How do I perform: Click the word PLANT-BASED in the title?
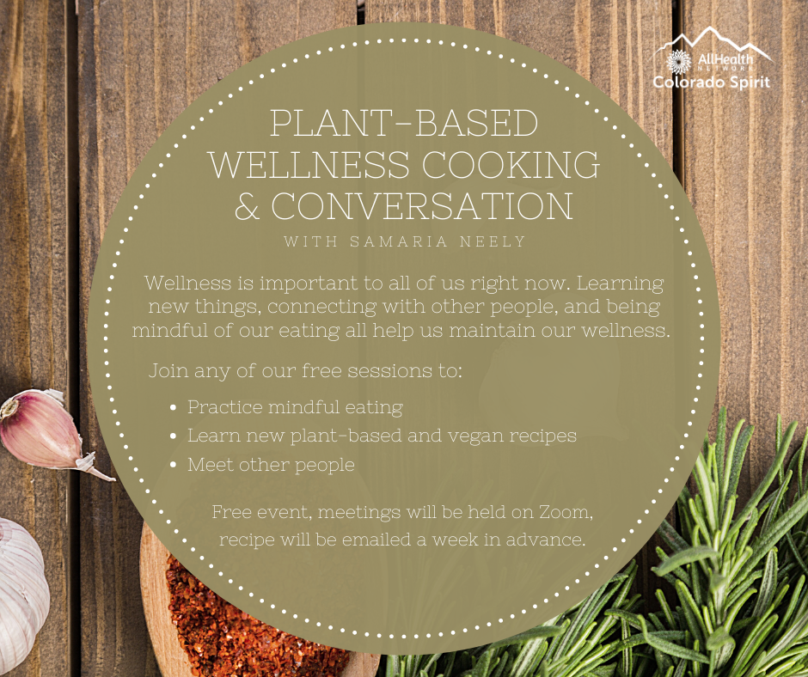coord(404,123)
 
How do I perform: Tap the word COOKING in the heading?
coord(511,165)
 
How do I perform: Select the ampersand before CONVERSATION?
coord(247,206)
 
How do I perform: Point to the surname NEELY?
coord(493,241)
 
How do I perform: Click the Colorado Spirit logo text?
coord(711,82)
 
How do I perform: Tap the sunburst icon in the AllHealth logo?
coord(679,63)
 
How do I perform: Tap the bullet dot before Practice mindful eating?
coord(173,407)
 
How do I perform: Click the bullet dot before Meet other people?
coord(173,466)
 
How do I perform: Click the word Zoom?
coord(566,512)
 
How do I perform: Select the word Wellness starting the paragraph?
coord(188,283)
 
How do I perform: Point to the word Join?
coord(165,371)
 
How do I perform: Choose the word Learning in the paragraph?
coord(620,284)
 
